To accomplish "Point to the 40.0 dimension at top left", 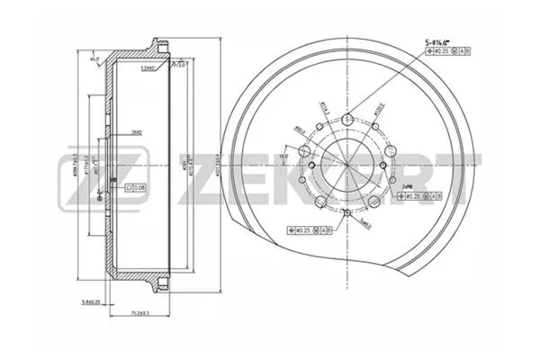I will point(94,61).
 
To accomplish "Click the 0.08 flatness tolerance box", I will point(136,187).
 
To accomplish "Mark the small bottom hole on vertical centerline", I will point(346,212).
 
